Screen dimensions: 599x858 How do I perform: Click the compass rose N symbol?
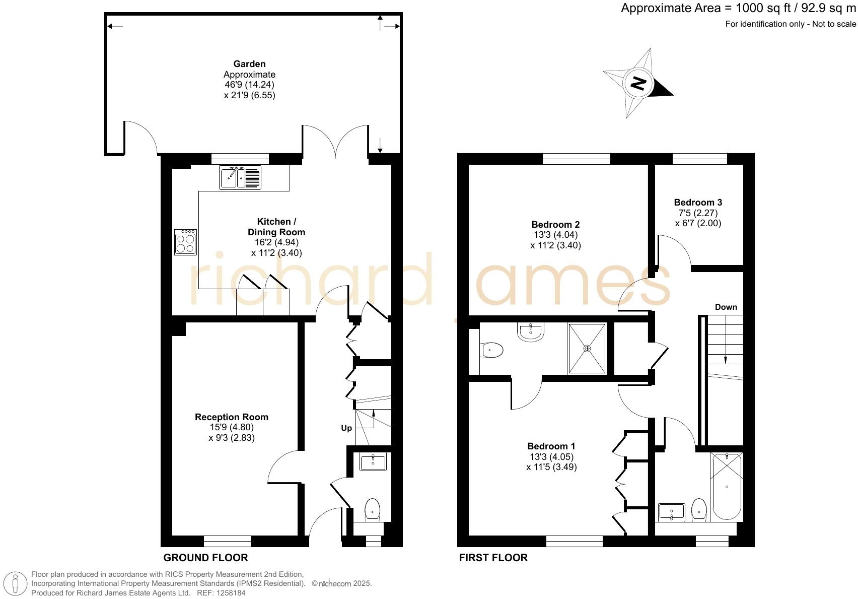tap(638, 83)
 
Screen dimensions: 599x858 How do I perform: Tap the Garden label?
tap(249, 64)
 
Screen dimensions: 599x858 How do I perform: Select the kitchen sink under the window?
tap(240, 177)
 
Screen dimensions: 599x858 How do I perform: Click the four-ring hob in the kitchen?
tap(185, 242)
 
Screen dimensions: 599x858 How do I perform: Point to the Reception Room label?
tap(232, 417)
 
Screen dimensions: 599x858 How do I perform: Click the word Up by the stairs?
tap(346, 428)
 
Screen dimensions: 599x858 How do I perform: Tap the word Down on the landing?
tap(726, 307)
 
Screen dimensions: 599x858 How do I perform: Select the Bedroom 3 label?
tap(698, 203)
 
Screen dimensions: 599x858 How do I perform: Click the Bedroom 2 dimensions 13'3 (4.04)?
tap(555, 235)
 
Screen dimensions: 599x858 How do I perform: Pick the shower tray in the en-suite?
tap(587, 349)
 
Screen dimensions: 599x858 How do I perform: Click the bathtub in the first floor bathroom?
tap(727, 487)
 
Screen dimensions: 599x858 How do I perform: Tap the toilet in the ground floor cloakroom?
tap(372, 510)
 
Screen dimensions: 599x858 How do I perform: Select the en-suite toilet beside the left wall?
tap(492, 350)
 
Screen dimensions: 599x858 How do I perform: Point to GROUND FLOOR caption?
tap(205, 558)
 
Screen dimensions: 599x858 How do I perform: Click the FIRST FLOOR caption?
tap(493, 558)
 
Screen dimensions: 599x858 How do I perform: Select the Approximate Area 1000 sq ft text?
tap(738, 8)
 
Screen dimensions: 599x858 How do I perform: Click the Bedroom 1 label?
tap(551, 446)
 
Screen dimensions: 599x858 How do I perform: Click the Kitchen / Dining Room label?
tap(276, 227)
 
